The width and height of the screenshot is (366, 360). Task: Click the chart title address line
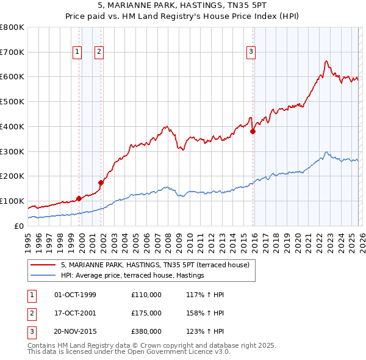[183, 5]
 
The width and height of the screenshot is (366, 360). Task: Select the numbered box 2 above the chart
[99, 52]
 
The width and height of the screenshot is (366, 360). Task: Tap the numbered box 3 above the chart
[251, 52]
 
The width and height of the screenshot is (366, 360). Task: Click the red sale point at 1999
[79, 198]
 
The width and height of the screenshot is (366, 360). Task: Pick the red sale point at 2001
[101, 182]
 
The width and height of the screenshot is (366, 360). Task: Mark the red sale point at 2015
[253, 131]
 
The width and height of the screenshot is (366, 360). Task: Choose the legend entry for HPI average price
[132, 276]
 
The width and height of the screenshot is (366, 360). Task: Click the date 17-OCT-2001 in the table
[76, 313]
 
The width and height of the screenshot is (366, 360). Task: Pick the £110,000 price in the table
[146, 295]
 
